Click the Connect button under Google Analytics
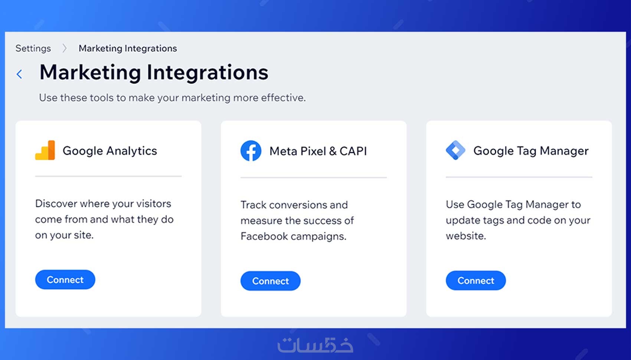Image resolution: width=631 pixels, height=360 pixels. [65, 279]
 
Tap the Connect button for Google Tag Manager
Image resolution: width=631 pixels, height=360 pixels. [476, 280]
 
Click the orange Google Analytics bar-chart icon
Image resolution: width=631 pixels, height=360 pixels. [45, 150]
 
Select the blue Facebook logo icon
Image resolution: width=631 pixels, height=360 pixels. [251, 151]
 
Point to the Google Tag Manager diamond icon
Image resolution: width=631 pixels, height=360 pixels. [455, 150]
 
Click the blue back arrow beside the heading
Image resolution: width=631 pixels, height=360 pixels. [19, 74]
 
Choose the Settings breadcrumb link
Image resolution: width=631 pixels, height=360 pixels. [33, 49]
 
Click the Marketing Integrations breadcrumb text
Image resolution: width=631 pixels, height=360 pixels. [128, 49]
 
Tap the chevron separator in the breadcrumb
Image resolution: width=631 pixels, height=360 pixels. [65, 49]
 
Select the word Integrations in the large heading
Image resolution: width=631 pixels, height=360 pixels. [207, 72]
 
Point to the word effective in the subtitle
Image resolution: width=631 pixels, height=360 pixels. [283, 98]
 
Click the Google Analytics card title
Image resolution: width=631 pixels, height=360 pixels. [109, 151]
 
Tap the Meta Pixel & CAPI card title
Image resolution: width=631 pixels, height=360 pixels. [318, 151]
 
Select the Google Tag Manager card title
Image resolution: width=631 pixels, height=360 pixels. [531, 151]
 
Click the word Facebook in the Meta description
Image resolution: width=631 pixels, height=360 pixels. [264, 236]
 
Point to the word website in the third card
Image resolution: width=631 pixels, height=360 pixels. [466, 236]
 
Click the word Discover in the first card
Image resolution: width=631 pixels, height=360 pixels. [56, 203]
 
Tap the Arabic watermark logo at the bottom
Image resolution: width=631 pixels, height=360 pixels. [315, 345]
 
